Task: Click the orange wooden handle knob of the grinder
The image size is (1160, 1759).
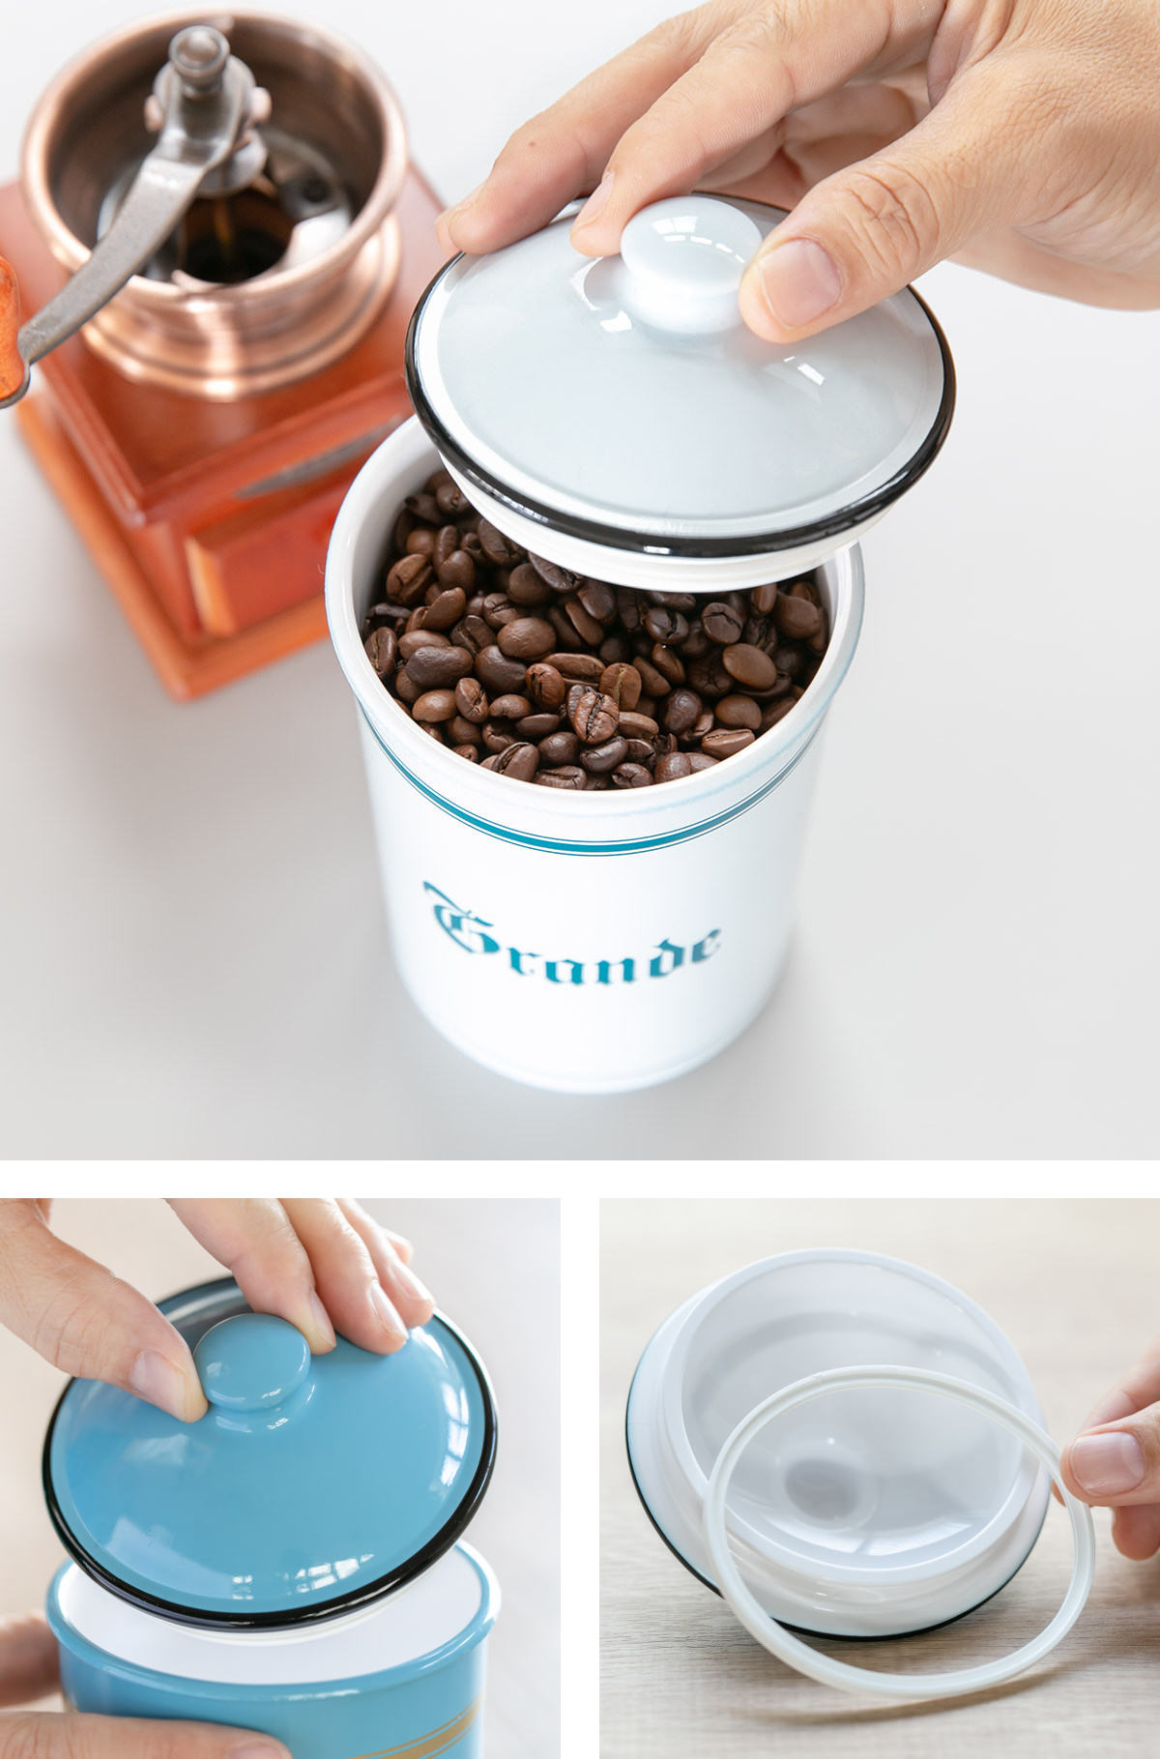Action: (8, 329)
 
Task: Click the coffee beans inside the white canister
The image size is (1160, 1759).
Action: (594, 658)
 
